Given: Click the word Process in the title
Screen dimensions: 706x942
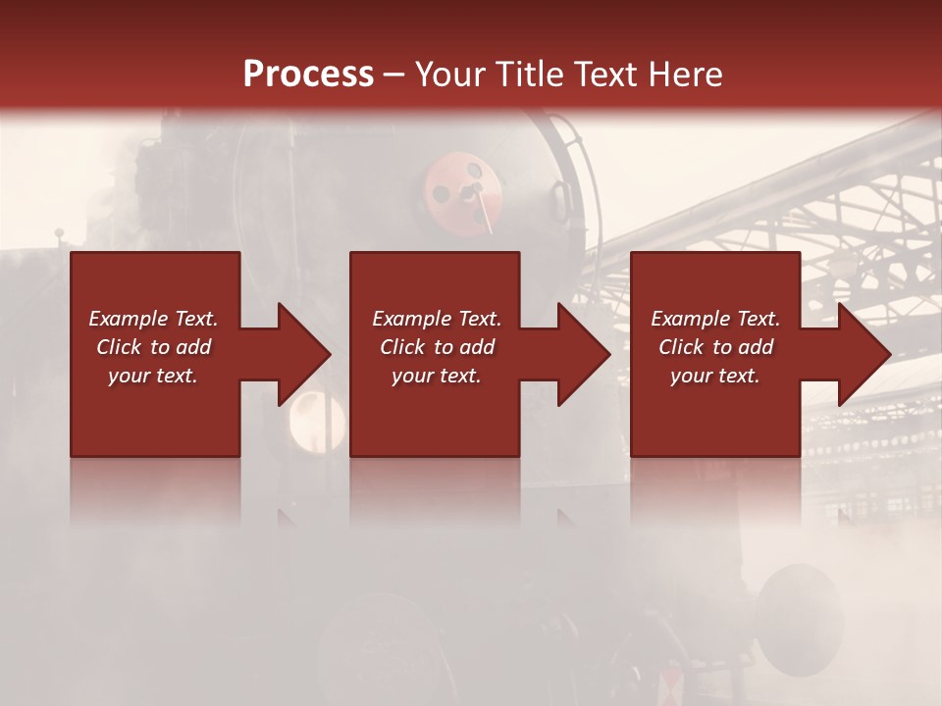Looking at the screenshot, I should coord(308,74).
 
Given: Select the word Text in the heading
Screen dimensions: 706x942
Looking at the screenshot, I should coord(602,74).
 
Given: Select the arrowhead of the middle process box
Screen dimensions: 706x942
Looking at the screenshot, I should coord(581,354).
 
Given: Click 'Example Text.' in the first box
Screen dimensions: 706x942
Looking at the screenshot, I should coord(153,319).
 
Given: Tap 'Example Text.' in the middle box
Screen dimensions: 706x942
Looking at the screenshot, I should coord(436,319).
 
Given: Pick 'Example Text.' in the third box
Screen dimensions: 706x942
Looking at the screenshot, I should coord(715,319).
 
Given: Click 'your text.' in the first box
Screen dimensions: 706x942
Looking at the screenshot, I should coord(153,376).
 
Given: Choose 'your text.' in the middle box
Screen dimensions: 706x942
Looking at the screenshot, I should coord(436,376).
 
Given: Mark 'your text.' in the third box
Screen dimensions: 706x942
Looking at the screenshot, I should coord(715,376).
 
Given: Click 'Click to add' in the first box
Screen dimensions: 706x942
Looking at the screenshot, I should coord(153,347).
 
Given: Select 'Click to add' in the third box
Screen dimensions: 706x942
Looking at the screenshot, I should coord(715,347).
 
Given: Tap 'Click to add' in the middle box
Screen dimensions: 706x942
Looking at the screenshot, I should coord(436,347).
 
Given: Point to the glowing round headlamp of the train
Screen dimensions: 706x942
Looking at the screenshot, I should coord(316,422).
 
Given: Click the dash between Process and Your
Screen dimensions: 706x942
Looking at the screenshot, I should coord(394,75).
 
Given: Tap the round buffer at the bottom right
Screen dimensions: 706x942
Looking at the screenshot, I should coord(800,607).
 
